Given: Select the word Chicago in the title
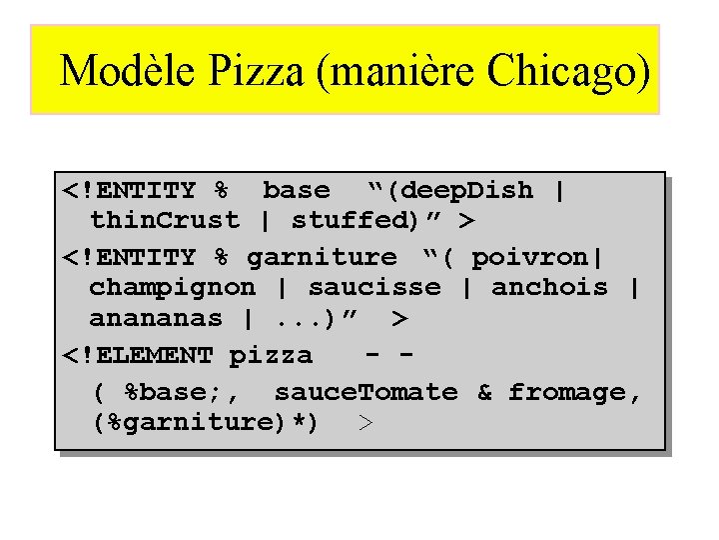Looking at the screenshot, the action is [569, 71].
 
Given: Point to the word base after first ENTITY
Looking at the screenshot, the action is [296, 190].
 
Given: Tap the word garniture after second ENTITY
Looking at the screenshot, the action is [321, 256].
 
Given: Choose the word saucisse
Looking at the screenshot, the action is [374, 288].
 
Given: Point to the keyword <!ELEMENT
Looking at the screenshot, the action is [137, 355].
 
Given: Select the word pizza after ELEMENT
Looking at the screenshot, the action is [271, 355].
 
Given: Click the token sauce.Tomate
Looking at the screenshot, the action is [365, 392].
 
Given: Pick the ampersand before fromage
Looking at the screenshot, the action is [484, 392].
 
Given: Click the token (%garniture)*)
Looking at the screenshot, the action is [205, 424].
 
